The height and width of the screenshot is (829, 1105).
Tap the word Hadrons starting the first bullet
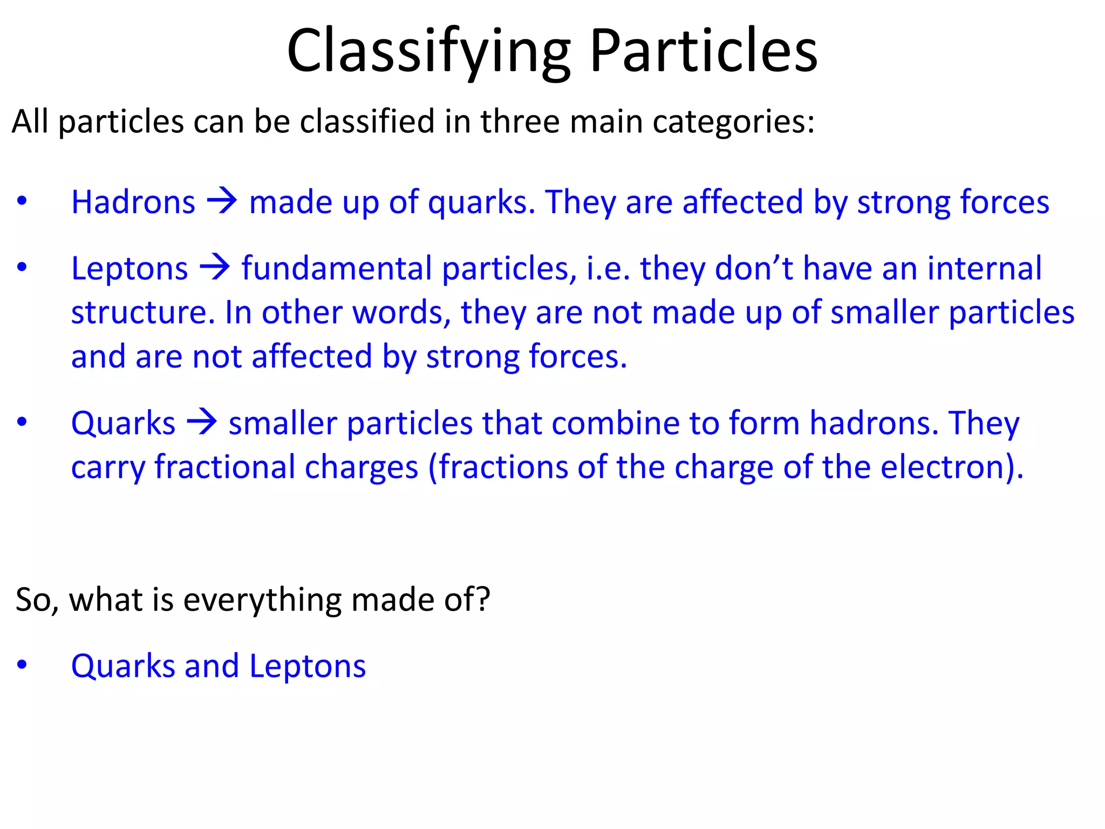pyautogui.click(x=133, y=202)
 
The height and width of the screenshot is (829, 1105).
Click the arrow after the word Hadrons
pyautogui.click(x=222, y=201)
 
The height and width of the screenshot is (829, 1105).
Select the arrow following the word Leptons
pyautogui.click(x=215, y=268)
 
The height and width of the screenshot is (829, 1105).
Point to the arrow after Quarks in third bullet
pyautogui.click(x=202, y=422)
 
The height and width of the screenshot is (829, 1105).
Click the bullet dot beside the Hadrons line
pyautogui.click(x=22, y=201)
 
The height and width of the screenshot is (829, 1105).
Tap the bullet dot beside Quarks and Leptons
pyautogui.click(x=22, y=665)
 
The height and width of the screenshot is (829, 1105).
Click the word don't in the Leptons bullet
pyautogui.click(x=754, y=268)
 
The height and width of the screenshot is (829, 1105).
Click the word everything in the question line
pyautogui.click(x=262, y=600)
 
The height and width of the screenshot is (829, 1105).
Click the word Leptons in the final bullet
pyautogui.click(x=308, y=666)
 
